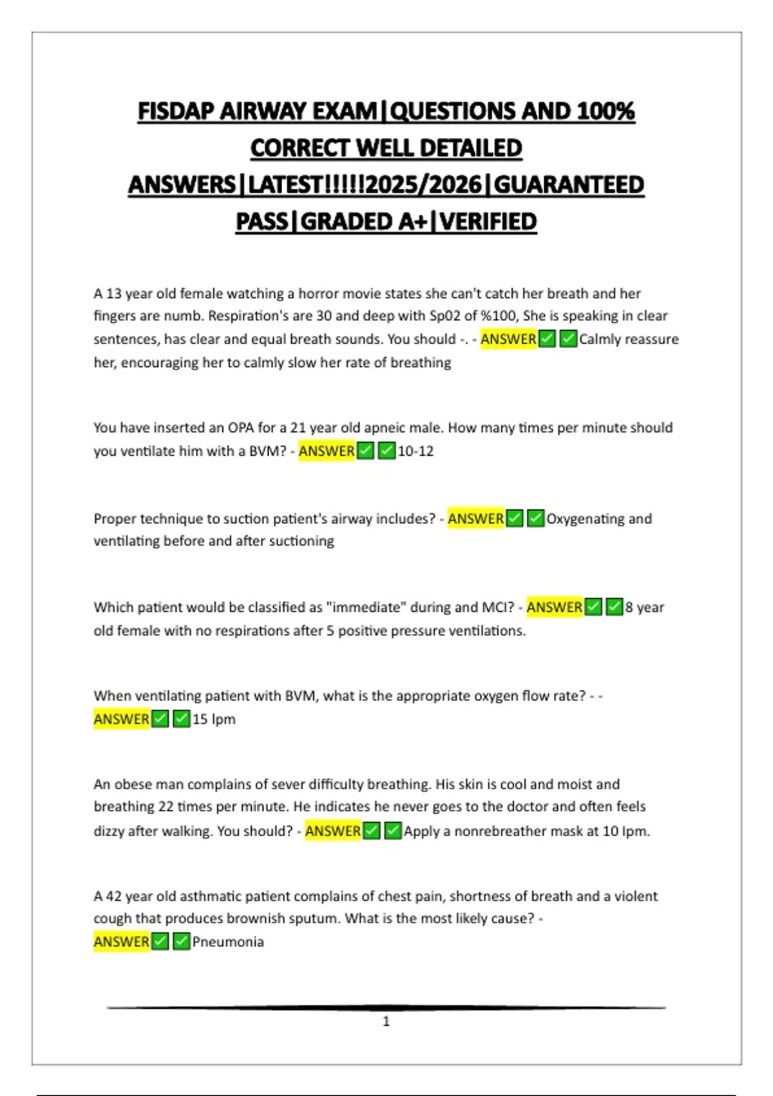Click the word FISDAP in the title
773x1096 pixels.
coord(176,112)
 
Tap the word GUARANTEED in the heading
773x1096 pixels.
coord(569,185)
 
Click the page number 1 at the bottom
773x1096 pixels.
coord(386,1021)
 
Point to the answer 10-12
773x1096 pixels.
coord(416,451)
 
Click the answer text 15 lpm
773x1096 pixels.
coord(214,719)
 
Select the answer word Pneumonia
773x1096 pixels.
coord(228,942)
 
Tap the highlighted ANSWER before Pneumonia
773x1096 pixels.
coord(122,942)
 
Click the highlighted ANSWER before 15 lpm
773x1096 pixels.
coord(122,719)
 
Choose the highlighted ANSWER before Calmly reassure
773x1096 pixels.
coord(509,339)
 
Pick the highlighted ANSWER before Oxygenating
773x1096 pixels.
coord(476,519)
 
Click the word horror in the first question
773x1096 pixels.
coord(318,294)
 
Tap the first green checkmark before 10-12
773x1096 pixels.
coord(365,451)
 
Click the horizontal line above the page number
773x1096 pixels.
coord(386,1007)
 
